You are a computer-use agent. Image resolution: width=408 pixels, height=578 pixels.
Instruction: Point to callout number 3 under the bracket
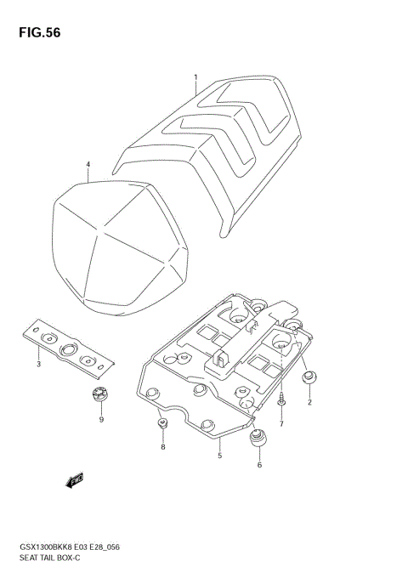(x=38, y=365)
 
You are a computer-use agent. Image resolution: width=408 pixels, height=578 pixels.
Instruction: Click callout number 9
(x=101, y=419)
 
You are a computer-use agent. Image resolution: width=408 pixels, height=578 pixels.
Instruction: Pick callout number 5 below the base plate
(x=219, y=456)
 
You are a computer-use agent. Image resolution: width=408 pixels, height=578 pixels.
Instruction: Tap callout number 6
(x=260, y=465)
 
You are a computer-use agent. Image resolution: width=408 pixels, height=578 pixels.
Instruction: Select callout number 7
(x=281, y=423)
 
